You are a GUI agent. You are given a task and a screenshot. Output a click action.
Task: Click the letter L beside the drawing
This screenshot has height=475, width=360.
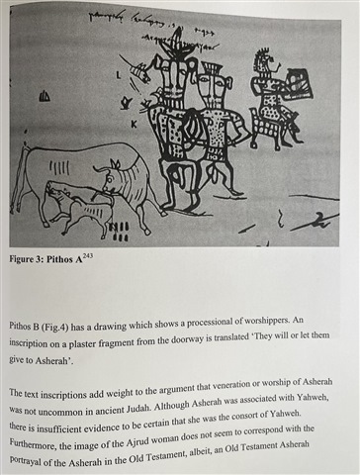[x=119, y=75]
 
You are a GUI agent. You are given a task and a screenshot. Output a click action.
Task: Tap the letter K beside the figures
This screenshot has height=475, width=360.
[x=134, y=124]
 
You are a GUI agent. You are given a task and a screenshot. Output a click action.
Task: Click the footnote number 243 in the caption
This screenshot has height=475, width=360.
[x=88, y=255]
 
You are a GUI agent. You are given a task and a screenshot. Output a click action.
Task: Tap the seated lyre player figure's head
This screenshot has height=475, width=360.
[x=264, y=61]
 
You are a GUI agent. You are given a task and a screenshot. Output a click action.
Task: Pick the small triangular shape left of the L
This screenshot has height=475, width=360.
[x=45, y=96]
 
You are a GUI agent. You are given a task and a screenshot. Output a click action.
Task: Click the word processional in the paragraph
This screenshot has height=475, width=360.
[x=208, y=324]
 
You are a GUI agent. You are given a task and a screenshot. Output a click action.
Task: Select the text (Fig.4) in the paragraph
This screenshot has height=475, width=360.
[x=55, y=328]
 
